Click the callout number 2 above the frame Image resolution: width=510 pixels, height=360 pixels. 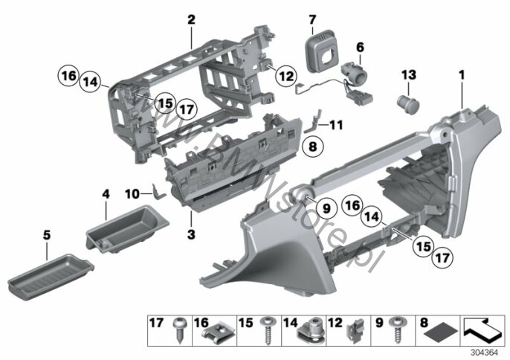191,19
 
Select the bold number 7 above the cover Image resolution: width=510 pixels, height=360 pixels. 312,19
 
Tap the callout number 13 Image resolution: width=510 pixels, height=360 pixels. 409,75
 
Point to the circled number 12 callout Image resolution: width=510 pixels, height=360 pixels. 286,76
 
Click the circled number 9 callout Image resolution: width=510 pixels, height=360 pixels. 326,208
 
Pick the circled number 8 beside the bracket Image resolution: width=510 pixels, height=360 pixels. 312,146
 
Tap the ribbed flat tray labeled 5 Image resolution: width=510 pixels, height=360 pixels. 51,277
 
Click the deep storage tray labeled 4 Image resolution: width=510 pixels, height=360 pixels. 127,229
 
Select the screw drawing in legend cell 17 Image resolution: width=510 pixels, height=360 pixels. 178,330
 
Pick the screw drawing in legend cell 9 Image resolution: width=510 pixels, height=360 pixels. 397,330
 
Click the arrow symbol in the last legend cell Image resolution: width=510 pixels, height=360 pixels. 482,330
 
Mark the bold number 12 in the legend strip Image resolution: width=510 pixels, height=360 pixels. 335,323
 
